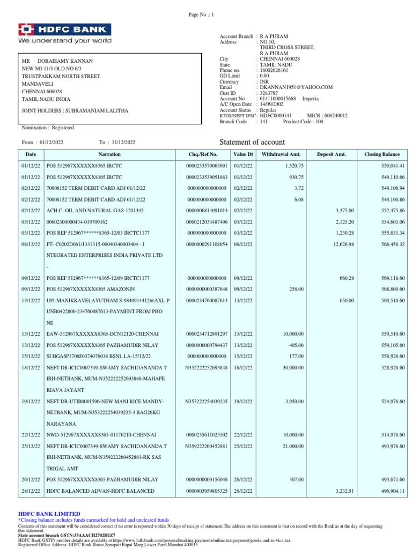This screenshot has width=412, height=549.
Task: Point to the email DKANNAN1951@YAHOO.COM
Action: [x=296, y=87]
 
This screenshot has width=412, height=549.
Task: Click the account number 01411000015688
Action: [x=278, y=99]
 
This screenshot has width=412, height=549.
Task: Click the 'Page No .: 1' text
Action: [x=201, y=15]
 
